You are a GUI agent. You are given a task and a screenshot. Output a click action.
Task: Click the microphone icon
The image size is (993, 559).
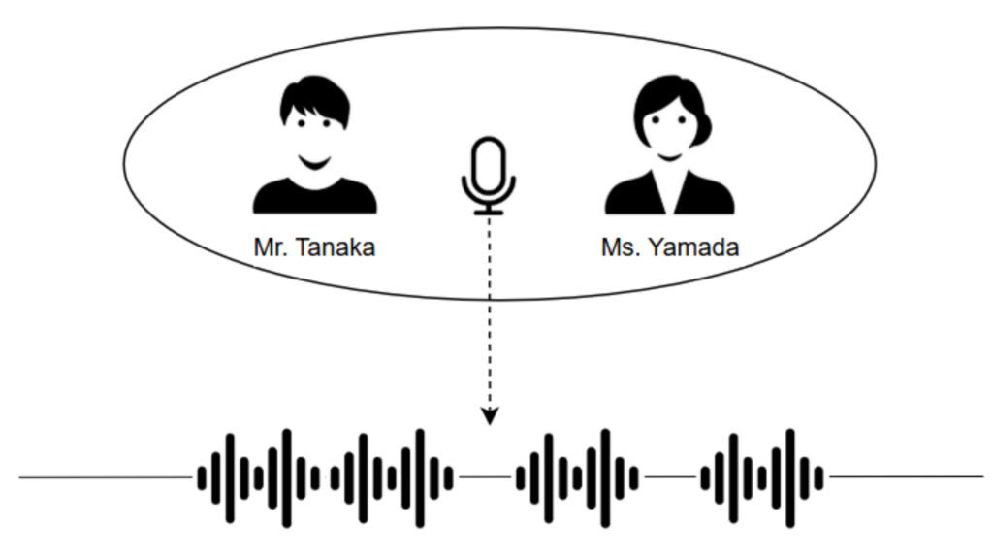(x=489, y=175)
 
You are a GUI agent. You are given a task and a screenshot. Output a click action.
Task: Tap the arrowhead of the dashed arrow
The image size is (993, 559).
(x=490, y=416)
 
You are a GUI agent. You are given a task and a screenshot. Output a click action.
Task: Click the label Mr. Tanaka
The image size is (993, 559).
(x=314, y=247)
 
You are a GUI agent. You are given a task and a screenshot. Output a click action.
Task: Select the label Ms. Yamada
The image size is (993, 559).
(x=669, y=247)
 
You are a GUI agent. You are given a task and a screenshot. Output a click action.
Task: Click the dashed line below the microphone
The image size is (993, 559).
(x=490, y=311)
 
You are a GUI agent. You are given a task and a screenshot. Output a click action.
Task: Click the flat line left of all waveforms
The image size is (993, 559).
(x=107, y=477)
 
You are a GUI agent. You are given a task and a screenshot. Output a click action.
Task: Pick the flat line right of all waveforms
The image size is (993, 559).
(x=907, y=477)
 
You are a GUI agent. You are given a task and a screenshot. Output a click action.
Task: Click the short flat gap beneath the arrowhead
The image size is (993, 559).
(x=485, y=477)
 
